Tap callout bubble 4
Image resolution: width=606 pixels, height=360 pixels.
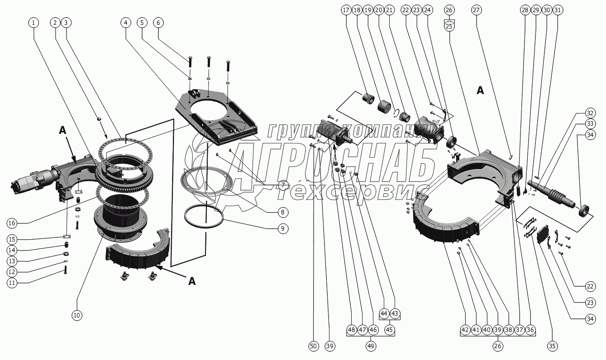coord(126,22)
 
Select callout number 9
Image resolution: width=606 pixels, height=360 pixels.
coord(282,229)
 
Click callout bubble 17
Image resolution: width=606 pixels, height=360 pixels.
coord(346,10)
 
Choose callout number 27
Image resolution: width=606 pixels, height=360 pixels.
coord(477,10)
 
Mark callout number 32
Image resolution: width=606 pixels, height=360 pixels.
coord(589,113)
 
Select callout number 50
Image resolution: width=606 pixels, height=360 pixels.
coord(313,346)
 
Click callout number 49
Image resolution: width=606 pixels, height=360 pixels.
coord(371,346)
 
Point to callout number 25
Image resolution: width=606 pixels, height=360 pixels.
coord(449,26)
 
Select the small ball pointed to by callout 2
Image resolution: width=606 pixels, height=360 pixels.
coord(98,119)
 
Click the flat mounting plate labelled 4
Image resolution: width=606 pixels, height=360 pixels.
coord(217,118)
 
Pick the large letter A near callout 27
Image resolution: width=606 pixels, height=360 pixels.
coord(480,90)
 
